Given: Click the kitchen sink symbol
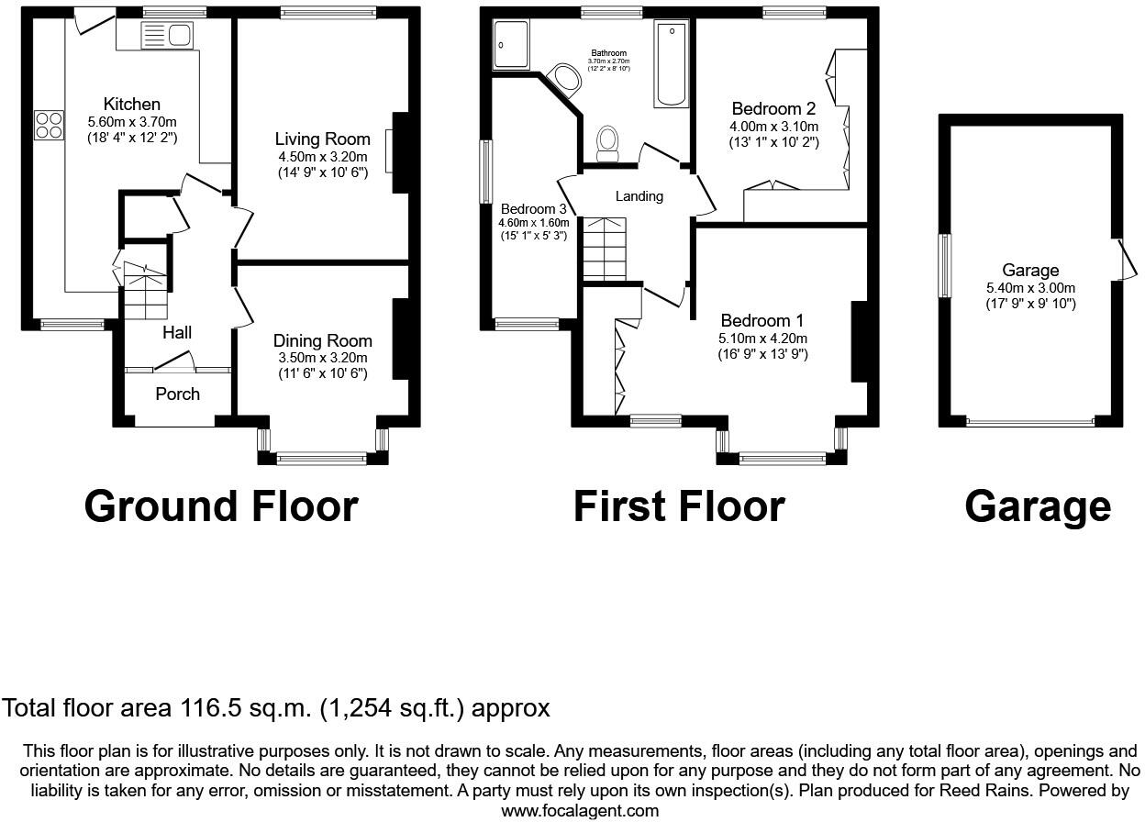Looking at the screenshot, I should [x=167, y=36].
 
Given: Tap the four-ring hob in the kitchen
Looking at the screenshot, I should [x=49, y=125].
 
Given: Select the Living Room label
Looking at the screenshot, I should [x=323, y=139].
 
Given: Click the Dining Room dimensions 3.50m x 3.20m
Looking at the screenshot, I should [x=323, y=358].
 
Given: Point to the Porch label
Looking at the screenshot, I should [x=177, y=394].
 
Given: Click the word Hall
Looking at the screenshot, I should [x=177, y=332].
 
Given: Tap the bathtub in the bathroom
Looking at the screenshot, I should [x=671, y=65].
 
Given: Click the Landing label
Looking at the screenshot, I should [x=639, y=196].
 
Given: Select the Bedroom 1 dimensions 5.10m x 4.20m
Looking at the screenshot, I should [x=762, y=338].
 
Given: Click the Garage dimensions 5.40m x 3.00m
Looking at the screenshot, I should [x=1030, y=288].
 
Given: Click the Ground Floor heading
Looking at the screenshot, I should [x=220, y=506].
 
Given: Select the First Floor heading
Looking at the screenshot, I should [x=679, y=506].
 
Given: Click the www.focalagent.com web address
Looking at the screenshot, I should [x=580, y=810].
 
